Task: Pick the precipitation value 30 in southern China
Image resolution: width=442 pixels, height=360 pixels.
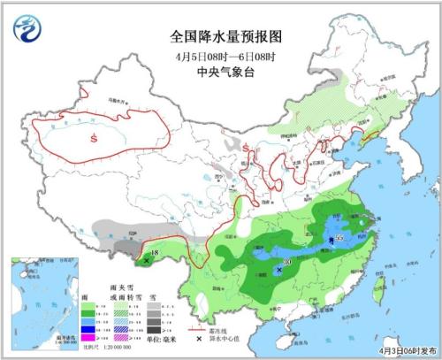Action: click(x=287, y=263)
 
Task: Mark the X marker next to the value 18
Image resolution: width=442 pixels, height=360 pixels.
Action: click(x=146, y=261)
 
